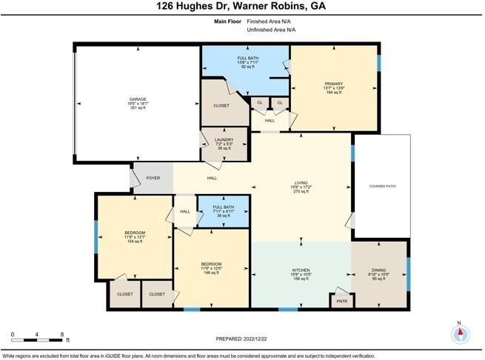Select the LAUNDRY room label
[x=224, y=139]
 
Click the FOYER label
[x=153, y=178]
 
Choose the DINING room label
[x=378, y=270]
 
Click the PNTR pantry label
[x=341, y=301]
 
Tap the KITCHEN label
[x=301, y=270]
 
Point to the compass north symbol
[x=460, y=333]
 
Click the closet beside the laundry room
[x=221, y=105]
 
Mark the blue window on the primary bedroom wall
[x=378, y=63]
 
